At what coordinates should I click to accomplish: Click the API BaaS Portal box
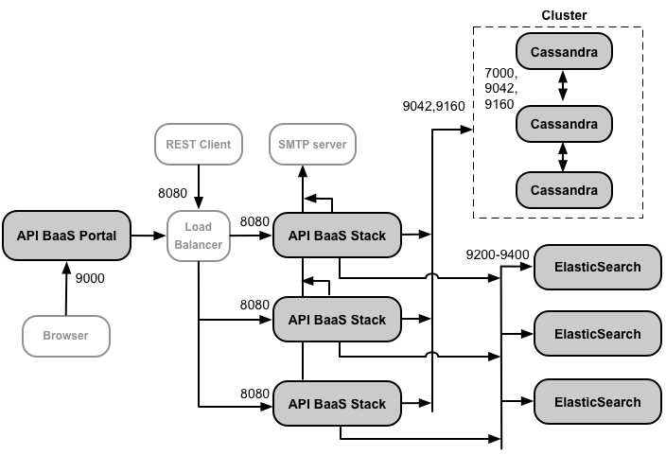point(66,235)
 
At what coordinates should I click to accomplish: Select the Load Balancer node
point(199,235)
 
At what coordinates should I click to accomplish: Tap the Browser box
point(66,336)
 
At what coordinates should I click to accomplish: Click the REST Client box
point(199,145)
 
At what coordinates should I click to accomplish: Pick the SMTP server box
point(312,145)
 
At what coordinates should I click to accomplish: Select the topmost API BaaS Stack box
point(337,235)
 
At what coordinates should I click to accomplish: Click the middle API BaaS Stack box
point(337,320)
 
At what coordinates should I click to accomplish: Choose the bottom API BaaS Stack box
point(337,403)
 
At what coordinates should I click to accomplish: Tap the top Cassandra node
point(564,53)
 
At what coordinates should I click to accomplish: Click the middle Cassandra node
point(564,123)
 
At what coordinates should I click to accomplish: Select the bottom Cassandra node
point(564,190)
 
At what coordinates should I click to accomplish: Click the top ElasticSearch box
point(597,267)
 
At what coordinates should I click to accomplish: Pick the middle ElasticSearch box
point(597,334)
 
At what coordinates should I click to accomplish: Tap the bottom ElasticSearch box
point(597,401)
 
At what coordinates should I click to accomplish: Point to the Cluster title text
point(564,15)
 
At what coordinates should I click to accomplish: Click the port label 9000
point(90,279)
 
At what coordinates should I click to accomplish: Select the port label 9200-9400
point(498,254)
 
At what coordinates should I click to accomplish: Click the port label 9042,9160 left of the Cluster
point(433,106)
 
